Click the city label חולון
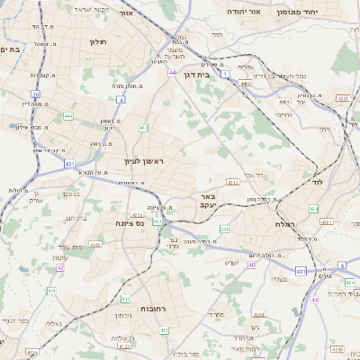tap(98, 41)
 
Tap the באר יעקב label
tap(208, 201)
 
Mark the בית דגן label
tap(195, 76)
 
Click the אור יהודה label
tap(269, 12)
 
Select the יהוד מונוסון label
tap(327, 12)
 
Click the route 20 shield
tap(36, 94)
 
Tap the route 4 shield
tap(121, 100)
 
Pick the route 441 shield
tap(68, 116)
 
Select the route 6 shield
tap(342, 265)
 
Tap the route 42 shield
tap(61, 267)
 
